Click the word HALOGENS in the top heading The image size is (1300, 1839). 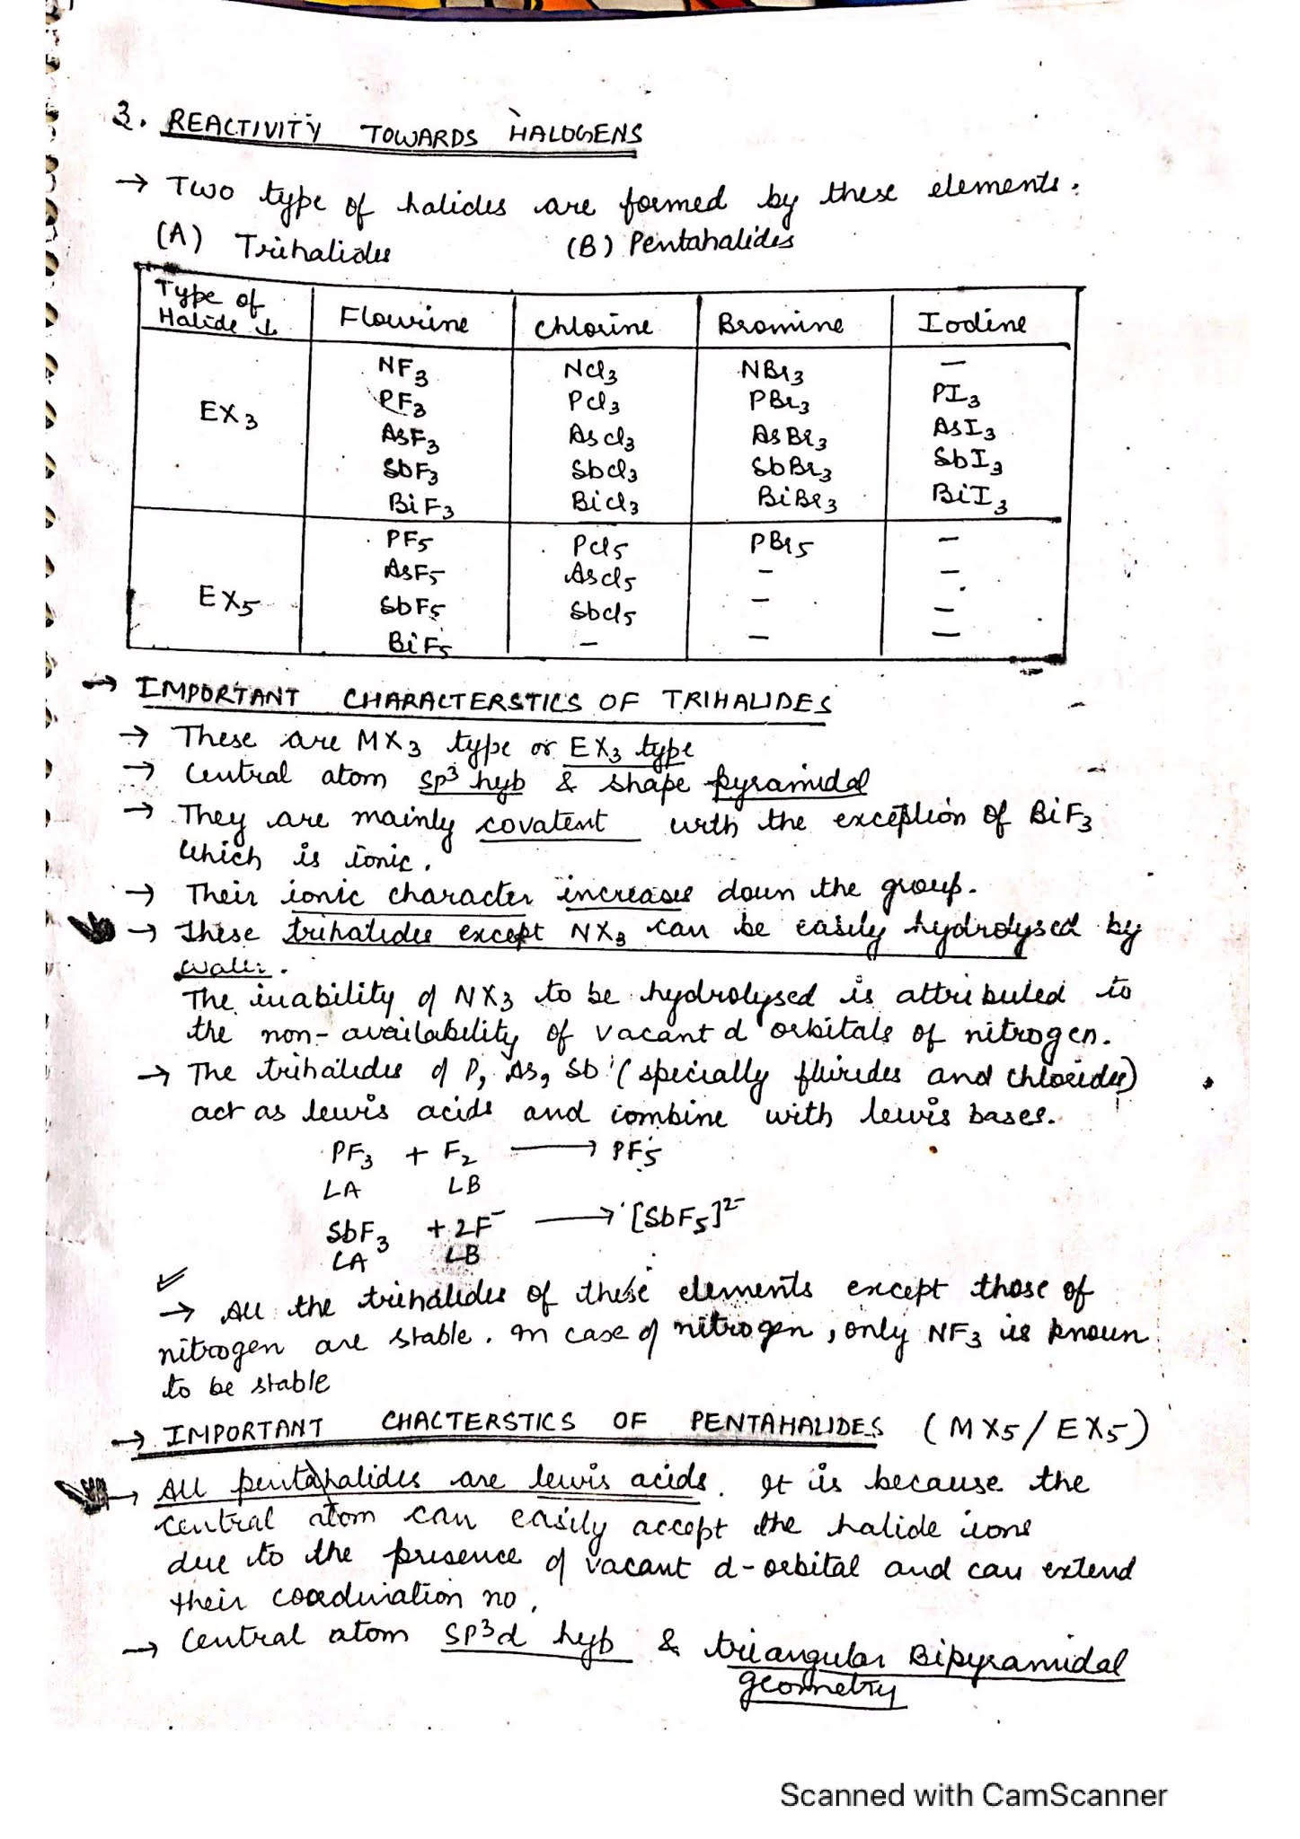575,135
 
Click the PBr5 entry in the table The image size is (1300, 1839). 780,544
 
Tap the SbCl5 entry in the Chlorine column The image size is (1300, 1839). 603,613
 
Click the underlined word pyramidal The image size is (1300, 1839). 791,781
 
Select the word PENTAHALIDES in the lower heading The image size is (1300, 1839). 786,1423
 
